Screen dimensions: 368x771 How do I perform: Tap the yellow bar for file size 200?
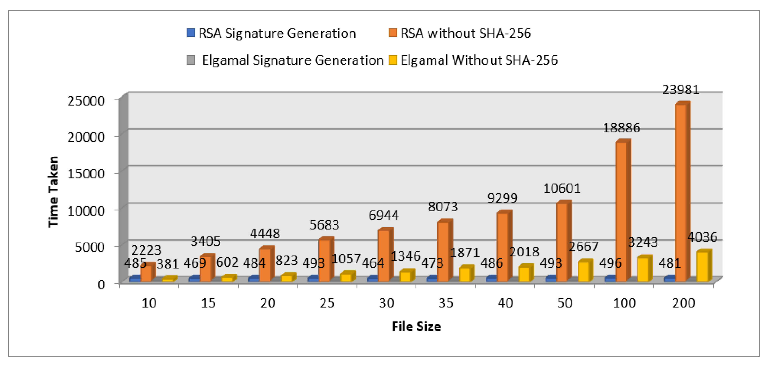coord(703,266)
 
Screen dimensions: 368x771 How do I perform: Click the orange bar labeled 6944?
coord(384,256)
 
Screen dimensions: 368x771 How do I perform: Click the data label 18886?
coord(621,128)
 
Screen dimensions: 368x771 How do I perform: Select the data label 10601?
coord(562,189)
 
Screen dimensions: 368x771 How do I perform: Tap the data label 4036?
coord(702,237)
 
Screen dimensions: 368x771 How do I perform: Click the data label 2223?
coord(146,250)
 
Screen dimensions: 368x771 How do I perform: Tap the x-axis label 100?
coord(624,303)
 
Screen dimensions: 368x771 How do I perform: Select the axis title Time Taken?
coord(53,192)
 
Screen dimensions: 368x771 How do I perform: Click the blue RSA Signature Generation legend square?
coord(191,33)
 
